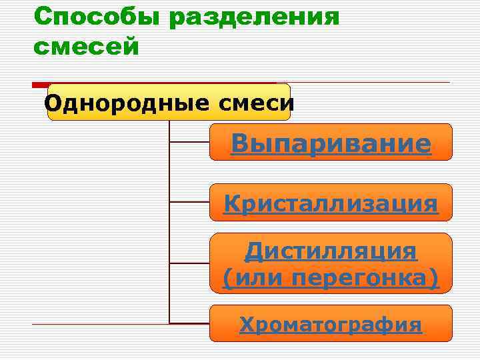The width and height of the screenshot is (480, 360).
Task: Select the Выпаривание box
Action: click(331, 143)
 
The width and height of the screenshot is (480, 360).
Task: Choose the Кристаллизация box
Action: click(331, 203)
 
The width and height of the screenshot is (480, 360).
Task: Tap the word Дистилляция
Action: click(331, 251)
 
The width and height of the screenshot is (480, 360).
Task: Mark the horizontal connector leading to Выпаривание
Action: click(189, 142)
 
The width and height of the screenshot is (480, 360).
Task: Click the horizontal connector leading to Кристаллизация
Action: click(189, 202)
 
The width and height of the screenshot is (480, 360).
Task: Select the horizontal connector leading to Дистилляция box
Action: click(189, 263)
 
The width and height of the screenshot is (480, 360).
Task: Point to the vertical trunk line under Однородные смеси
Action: click(169, 220)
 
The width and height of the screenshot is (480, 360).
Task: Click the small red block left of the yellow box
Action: click(40, 85)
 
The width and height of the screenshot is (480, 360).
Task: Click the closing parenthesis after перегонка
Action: click(434, 278)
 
